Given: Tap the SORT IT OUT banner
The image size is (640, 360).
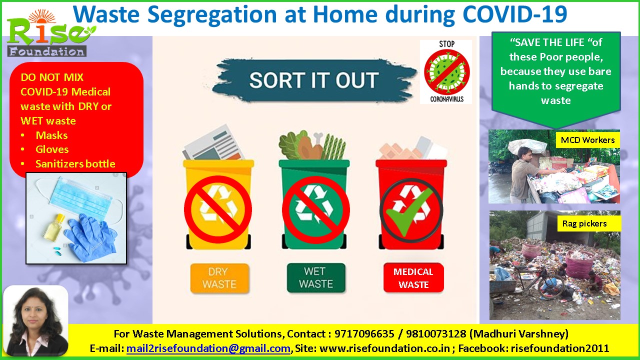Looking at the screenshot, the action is [x=314, y=80].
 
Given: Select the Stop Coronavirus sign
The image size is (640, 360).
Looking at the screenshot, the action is [x=446, y=71].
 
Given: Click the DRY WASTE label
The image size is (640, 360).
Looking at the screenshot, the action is [x=219, y=278].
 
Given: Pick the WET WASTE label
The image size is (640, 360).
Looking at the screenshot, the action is [x=316, y=277].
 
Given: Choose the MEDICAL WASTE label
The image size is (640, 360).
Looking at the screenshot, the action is [x=413, y=278].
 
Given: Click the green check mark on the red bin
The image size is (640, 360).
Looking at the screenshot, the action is [x=409, y=211].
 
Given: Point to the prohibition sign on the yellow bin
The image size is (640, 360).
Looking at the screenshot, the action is [x=217, y=209].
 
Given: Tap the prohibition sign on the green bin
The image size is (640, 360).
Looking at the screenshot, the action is [x=315, y=210].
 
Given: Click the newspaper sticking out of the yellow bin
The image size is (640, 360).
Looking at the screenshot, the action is [x=213, y=143].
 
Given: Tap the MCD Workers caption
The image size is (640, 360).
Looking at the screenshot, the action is [x=587, y=140].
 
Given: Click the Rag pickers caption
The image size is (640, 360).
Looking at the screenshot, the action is [x=584, y=223].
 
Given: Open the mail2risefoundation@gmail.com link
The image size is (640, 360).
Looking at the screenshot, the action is [x=208, y=348].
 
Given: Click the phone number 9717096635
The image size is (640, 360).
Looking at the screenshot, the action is [x=364, y=333].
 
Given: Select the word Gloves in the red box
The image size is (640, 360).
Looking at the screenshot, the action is [x=52, y=149].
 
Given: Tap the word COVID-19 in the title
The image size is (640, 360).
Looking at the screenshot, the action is [x=514, y=14].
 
